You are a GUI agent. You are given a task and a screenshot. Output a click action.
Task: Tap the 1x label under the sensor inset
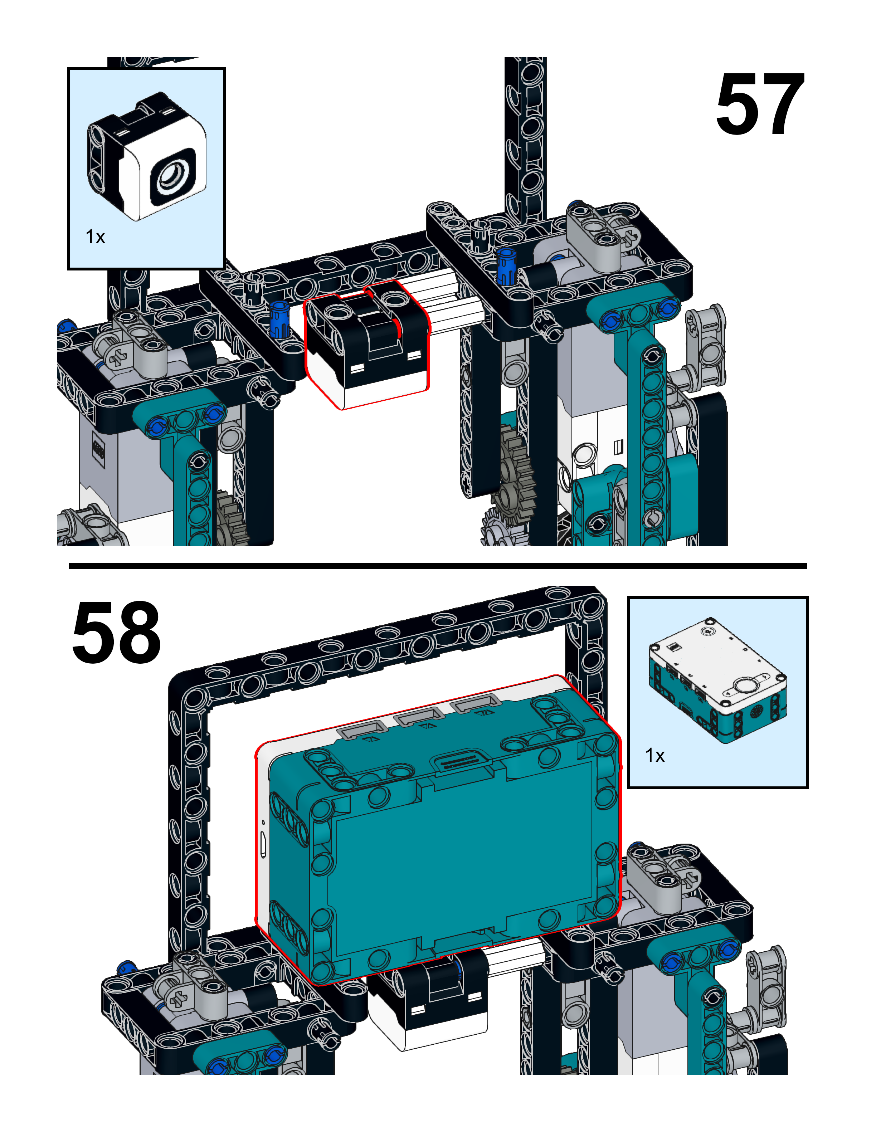(x=96, y=237)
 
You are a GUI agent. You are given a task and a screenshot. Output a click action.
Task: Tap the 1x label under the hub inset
(x=654, y=756)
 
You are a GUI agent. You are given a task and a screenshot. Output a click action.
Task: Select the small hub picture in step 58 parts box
(x=717, y=679)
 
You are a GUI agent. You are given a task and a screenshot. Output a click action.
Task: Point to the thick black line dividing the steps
(x=438, y=566)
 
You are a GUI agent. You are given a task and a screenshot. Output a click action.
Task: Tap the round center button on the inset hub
(x=745, y=685)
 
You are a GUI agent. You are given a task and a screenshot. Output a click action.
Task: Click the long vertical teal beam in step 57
(x=652, y=440)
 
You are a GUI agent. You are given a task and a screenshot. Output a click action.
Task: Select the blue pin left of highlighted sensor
(x=279, y=319)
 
